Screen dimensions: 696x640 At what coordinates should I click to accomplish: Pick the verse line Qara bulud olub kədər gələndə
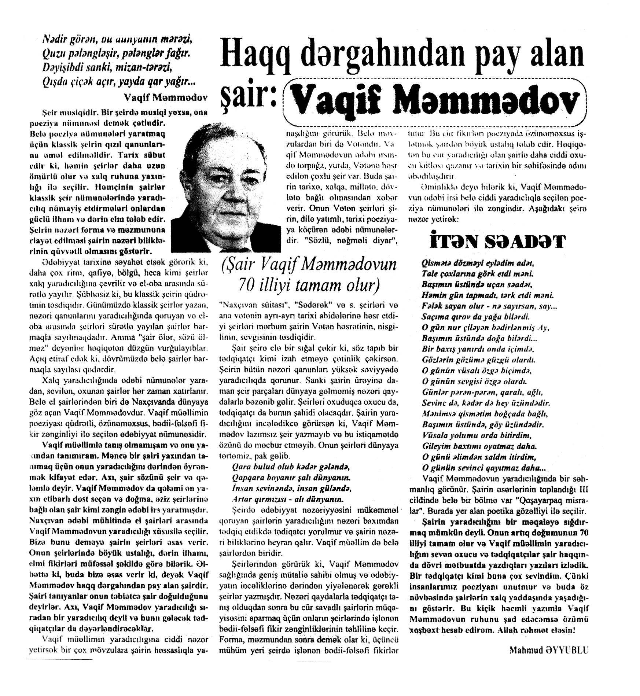pyautogui.click(x=290, y=467)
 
